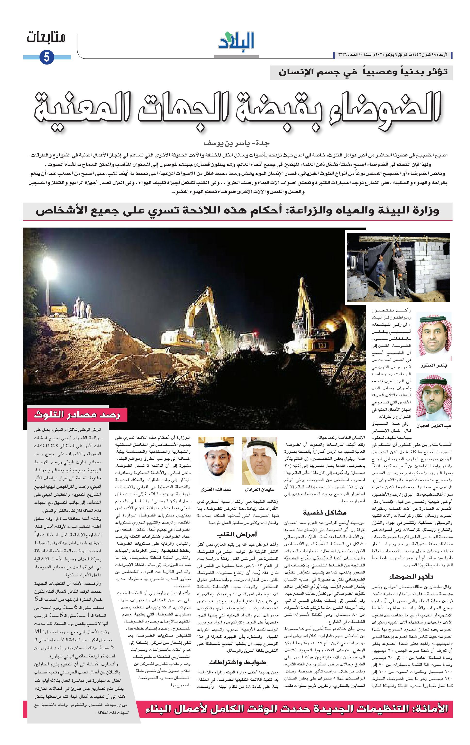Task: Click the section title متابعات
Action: pyautogui.click(x=46, y=38)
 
